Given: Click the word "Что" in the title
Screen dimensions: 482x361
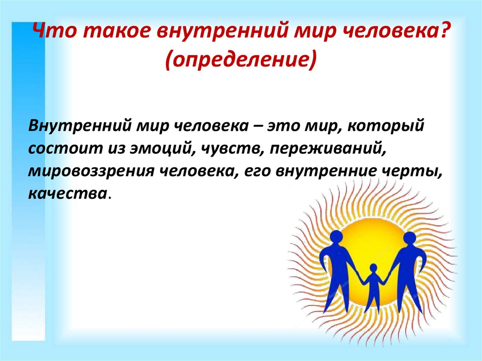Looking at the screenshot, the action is pyautogui.click(x=54, y=31).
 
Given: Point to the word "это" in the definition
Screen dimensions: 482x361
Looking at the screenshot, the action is pyautogui.click(x=283, y=127).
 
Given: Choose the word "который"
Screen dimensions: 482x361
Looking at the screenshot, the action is pyautogui.click(x=386, y=127).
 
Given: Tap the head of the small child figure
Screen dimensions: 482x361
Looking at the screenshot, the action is pyautogui.click(x=373, y=267).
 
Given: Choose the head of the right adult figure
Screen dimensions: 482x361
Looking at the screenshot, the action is pyautogui.click(x=410, y=239).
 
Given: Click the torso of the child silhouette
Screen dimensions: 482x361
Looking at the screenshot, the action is pyautogui.click(x=373, y=282).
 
